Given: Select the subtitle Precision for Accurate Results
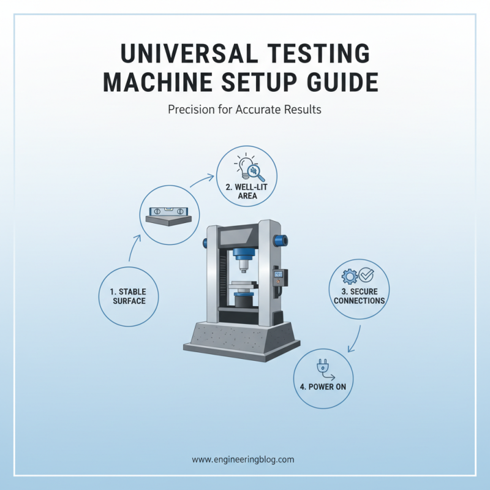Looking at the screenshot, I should pyautogui.click(x=244, y=110).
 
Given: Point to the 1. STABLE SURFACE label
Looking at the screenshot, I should pyautogui.click(x=129, y=296).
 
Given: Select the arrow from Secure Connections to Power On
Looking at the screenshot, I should pyautogui.click(x=355, y=338).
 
